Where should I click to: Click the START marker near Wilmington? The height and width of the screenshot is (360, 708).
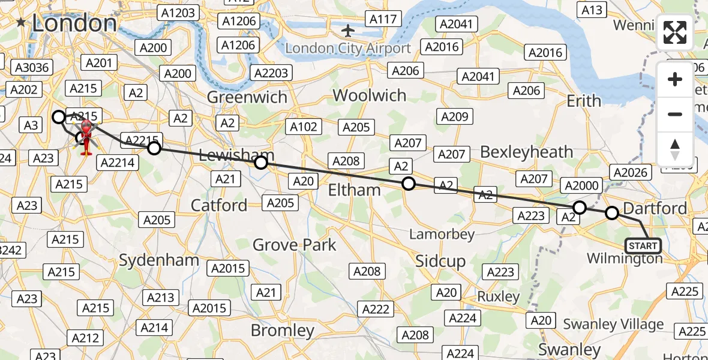click(x=643, y=246)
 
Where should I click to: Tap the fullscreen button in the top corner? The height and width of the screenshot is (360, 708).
click(x=675, y=33)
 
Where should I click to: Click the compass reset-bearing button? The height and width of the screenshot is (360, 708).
click(x=675, y=149)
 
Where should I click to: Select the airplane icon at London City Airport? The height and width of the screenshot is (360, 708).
click(x=348, y=29)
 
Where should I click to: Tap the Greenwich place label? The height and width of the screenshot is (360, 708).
click(x=247, y=97)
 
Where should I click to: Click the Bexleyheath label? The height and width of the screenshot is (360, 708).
click(x=526, y=152)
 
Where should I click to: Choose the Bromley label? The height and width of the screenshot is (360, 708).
click(x=282, y=331)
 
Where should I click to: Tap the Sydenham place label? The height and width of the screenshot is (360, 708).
click(x=159, y=260)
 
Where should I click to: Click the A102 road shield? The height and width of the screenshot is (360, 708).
click(x=303, y=127)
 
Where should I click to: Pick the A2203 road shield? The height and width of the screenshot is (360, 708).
click(x=271, y=73)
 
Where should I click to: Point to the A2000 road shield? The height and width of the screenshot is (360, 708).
click(x=581, y=185)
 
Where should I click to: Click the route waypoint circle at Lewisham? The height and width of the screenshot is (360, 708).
click(x=261, y=163)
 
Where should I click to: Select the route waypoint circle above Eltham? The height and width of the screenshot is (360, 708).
click(x=408, y=184)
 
